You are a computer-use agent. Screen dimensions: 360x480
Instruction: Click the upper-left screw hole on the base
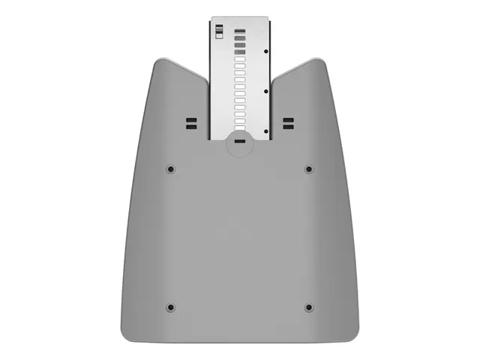tap(170, 169)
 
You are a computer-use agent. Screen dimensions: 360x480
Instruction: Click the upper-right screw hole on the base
tap(308, 169)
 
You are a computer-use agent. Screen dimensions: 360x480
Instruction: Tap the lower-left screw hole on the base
tap(170, 307)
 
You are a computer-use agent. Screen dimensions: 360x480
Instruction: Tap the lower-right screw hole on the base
tap(308, 307)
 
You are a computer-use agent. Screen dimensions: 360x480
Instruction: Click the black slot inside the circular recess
tap(239, 140)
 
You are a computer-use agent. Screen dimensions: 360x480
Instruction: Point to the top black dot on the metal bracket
tap(267, 52)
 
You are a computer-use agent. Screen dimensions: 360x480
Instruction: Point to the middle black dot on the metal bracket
tap(267, 91)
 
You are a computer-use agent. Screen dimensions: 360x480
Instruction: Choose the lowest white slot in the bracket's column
tap(240, 128)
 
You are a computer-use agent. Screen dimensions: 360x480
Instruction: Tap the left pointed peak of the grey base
tap(159, 60)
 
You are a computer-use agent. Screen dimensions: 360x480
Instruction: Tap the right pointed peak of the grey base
tap(320, 60)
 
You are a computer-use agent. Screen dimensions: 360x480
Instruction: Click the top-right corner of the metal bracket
tap(268, 18)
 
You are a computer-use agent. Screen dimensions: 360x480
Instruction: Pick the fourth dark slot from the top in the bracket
tap(240, 52)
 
